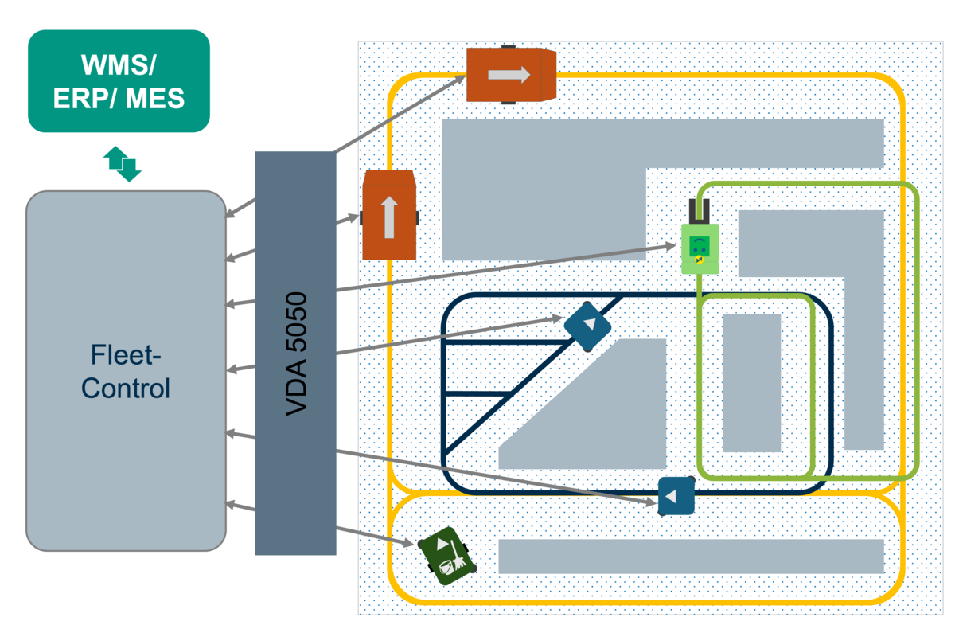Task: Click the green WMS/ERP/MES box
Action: pos(119,80)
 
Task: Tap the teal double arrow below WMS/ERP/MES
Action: pos(123,163)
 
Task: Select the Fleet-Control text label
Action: pos(126,372)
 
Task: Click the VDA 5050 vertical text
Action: pos(296,354)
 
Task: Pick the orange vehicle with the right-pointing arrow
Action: pos(509,75)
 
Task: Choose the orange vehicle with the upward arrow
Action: pos(389,216)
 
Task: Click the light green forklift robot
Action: pos(700,248)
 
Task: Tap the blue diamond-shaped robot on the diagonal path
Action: pos(587,325)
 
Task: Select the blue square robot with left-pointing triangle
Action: pos(676,496)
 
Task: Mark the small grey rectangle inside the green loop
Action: pos(750,382)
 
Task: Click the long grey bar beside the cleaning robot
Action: pos(690,556)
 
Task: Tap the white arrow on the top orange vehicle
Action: pos(509,74)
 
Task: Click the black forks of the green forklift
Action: pos(700,210)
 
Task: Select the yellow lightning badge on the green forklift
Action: pos(699,259)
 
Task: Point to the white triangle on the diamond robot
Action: pos(590,325)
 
